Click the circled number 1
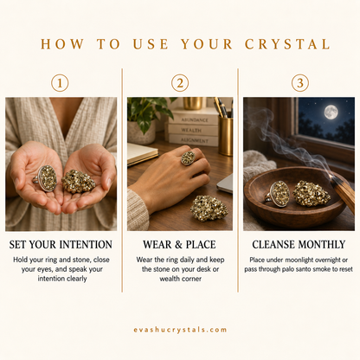point(60,83)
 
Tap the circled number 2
point(180,83)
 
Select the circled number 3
point(300,83)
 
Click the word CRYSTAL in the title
point(287,44)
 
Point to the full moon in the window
point(331,112)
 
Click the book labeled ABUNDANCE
point(194,119)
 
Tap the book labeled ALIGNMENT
point(194,140)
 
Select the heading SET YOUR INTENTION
point(61,245)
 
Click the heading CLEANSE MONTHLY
point(299,245)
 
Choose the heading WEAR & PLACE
point(179,245)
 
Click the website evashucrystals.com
point(180,330)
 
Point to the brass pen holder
point(225,136)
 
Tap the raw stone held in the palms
point(78,181)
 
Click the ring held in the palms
point(46,178)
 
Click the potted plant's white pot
point(141,132)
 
